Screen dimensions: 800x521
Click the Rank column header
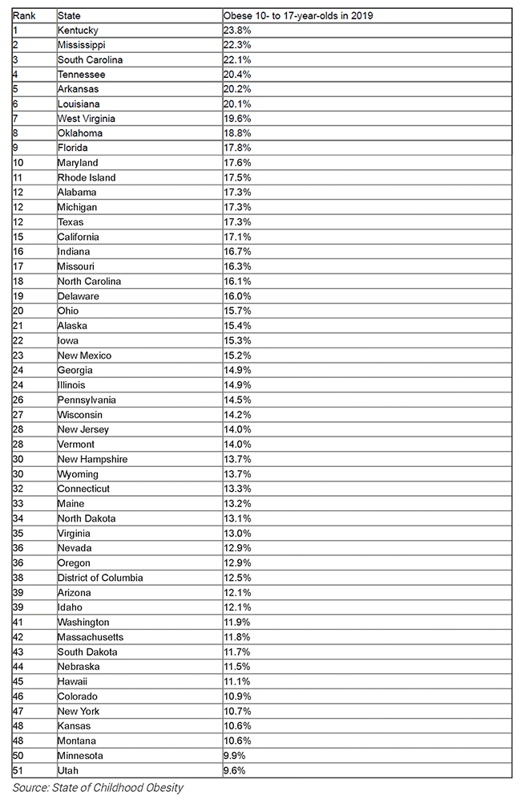tap(23, 16)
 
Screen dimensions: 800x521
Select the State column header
tap(69, 16)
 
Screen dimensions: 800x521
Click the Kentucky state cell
tap(78, 30)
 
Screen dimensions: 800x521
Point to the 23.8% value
tap(236, 30)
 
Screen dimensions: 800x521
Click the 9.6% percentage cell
tap(234, 770)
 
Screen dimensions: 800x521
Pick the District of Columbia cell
tap(100, 578)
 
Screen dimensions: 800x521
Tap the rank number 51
tap(18, 770)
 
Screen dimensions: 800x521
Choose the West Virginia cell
tap(87, 119)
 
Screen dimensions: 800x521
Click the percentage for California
tap(236, 237)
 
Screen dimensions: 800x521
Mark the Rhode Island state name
tap(87, 177)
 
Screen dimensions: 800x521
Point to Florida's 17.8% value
tap(236, 148)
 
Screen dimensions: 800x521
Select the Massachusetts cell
tap(91, 637)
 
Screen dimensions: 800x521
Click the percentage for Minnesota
tap(234, 756)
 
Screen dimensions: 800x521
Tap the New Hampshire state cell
tap(92, 459)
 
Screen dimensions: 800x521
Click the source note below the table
tap(98, 788)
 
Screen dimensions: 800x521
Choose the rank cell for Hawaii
tap(18, 681)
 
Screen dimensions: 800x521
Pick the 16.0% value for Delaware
tap(236, 296)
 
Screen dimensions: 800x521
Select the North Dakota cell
tap(87, 518)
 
